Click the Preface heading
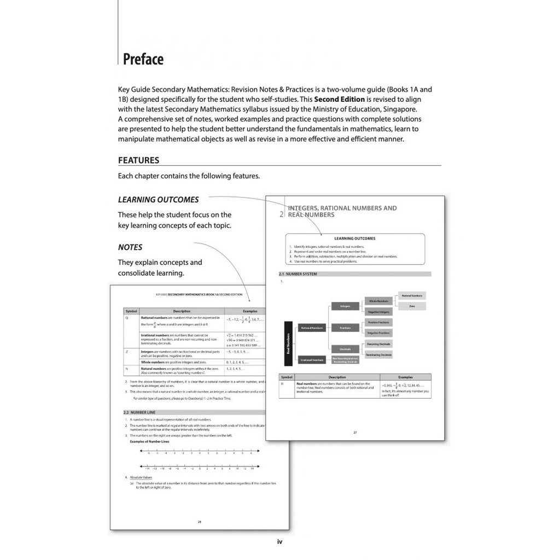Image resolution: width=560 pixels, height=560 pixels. (x=143, y=59)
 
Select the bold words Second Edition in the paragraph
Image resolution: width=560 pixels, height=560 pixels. (x=339, y=100)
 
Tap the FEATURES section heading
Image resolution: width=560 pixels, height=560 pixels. (x=139, y=160)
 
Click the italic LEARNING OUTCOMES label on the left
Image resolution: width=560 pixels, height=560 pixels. (x=159, y=200)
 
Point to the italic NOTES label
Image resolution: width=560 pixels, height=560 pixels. (x=130, y=247)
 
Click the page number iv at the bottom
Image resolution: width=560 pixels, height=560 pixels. (x=279, y=542)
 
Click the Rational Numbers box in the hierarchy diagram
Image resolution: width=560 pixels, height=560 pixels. (x=312, y=328)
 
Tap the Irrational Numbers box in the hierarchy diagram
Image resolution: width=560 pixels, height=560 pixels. (x=312, y=359)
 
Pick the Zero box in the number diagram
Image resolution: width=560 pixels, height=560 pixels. (x=412, y=306)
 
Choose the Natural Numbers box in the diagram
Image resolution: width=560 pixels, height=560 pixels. (x=412, y=295)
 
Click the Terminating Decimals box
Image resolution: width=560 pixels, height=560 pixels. (x=378, y=354)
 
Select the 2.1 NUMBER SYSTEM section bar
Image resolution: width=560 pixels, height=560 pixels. (x=355, y=274)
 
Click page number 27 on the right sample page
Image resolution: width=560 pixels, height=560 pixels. (x=355, y=433)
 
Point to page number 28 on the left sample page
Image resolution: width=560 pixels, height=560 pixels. (x=200, y=522)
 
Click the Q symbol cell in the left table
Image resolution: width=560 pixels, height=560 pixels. (x=127, y=318)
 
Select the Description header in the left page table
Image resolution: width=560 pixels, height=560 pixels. (x=182, y=311)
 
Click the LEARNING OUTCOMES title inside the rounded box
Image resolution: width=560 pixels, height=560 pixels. (x=355, y=238)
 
